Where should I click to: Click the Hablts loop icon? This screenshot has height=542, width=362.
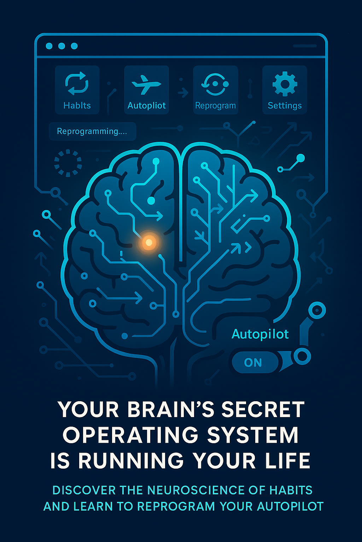[77, 84]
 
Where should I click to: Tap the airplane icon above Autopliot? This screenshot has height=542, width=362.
[146, 84]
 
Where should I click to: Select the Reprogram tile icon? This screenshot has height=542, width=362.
[215, 84]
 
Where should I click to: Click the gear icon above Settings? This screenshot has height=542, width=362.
[285, 84]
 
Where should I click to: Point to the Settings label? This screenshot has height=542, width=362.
[285, 106]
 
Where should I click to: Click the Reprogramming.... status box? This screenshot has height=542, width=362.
[92, 131]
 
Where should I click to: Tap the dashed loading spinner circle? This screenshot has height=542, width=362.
[68, 163]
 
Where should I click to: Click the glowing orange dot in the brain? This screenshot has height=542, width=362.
[149, 242]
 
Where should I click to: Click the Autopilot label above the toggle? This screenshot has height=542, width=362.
[260, 334]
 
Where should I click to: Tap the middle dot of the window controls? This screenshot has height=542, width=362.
[62, 46]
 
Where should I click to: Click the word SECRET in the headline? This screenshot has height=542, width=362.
[263, 409]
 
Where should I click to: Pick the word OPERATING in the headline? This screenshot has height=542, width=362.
[130, 435]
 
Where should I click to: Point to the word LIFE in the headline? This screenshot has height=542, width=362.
[289, 461]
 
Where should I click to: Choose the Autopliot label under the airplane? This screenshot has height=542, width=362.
[146, 106]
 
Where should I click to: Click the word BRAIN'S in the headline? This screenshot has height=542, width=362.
[170, 409]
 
